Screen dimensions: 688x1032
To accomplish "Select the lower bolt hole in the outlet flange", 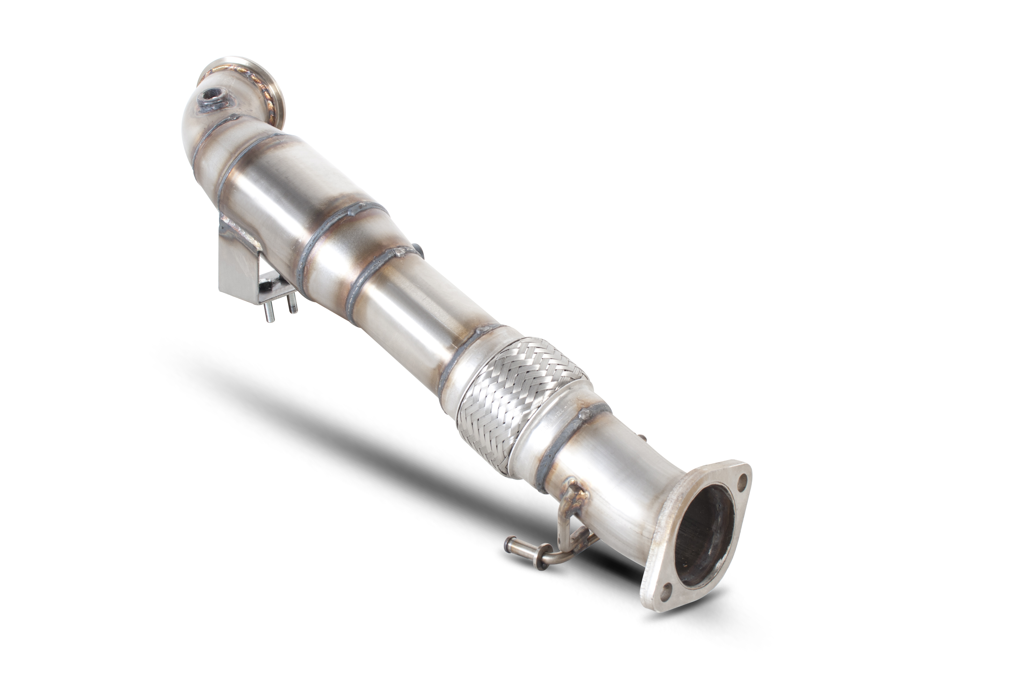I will [x=667, y=590].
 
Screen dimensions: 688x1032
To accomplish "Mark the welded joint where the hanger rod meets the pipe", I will [x=573, y=491].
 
